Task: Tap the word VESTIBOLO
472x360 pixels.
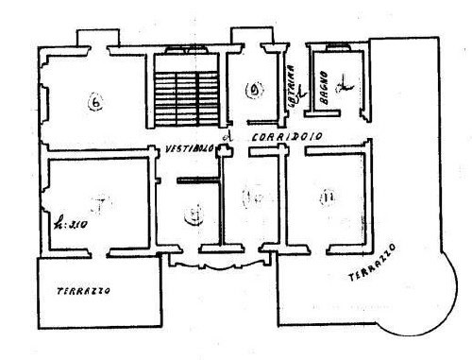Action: tap(186, 148)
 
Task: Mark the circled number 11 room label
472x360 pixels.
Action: tap(327, 197)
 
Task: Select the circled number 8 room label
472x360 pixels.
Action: tap(193, 214)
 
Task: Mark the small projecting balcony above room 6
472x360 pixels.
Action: tap(93, 39)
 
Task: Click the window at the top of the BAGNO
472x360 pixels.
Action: tap(330, 45)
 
